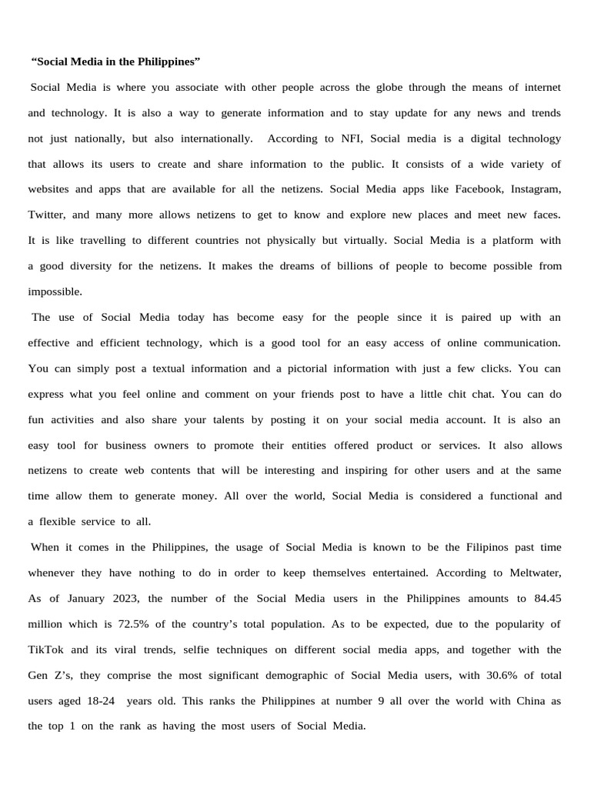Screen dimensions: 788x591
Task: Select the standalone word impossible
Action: click(54, 292)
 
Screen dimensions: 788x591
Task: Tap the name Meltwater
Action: click(535, 573)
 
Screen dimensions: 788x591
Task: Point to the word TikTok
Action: click(45, 649)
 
